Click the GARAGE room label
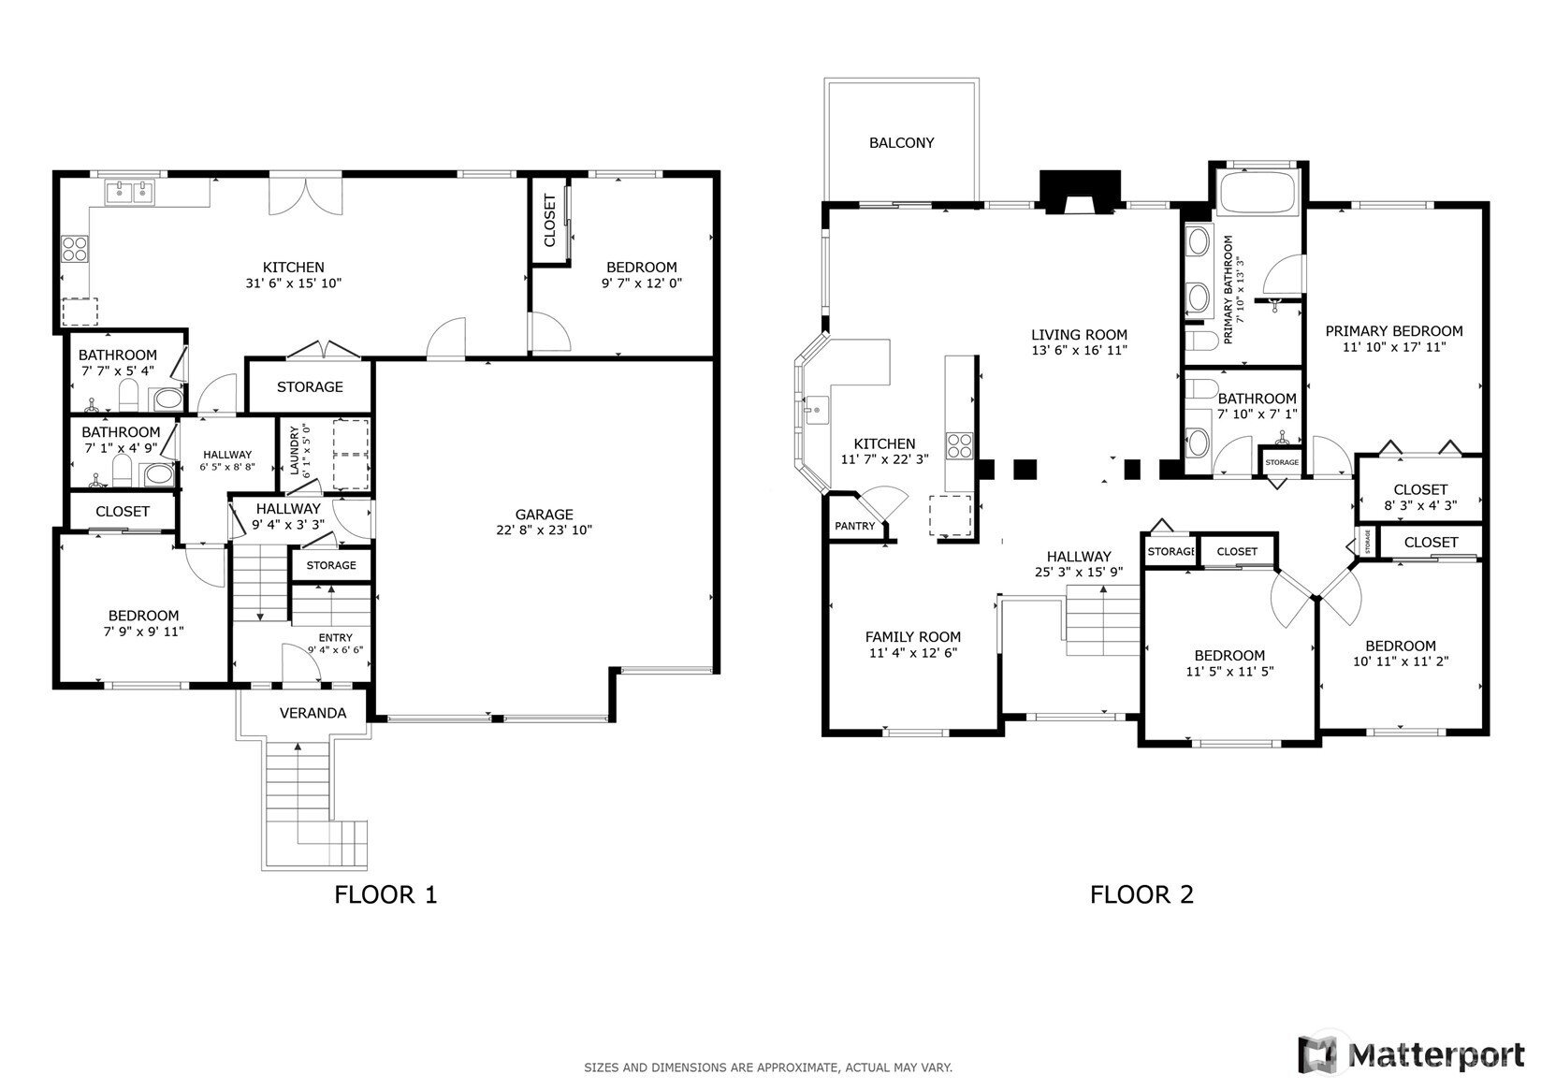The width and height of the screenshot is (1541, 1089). pyautogui.click(x=545, y=514)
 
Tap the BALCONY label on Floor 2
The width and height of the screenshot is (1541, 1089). pyautogui.click(x=901, y=142)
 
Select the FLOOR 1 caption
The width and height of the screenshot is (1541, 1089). pyautogui.click(x=385, y=894)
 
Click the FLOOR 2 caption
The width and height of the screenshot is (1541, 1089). pyautogui.click(x=1141, y=894)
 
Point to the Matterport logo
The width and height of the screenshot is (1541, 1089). pyautogui.click(x=1411, y=1053)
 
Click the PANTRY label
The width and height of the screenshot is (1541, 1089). pyautogui.click(x=854, y=526)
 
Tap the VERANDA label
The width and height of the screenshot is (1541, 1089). pyautogui.click(x=313, y=713)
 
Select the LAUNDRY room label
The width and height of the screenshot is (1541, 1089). pyautogui.click(x=295, y=451)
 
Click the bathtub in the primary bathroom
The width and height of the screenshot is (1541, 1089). pyautogui.click(x=1257, y=194)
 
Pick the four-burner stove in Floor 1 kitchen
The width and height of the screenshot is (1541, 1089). pyautogui.click(x=75, y=248)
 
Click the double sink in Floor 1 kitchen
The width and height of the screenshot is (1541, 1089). pyautogui.click(x=130, y=193)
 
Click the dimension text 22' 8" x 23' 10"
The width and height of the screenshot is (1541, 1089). pyautogui.click(x=545, y=530)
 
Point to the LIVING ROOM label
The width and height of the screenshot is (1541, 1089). pyautogui.click(x=1079, y=334)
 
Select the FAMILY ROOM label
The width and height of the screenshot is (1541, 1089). pyautogui.click(x=913, y=637)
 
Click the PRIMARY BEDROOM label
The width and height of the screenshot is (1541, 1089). pyautogui.click(x=1394, y=331)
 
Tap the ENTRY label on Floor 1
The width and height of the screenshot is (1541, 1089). pyautogui.click(x=335, y=638)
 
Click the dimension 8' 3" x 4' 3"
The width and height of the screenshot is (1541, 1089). pyautogui.click(x=1420, y=505)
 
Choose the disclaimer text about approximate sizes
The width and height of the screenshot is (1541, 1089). pyautogui.click(x=768, y=1067)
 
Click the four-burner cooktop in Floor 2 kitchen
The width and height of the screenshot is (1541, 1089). pyautogui.click(x=959, y=445)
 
